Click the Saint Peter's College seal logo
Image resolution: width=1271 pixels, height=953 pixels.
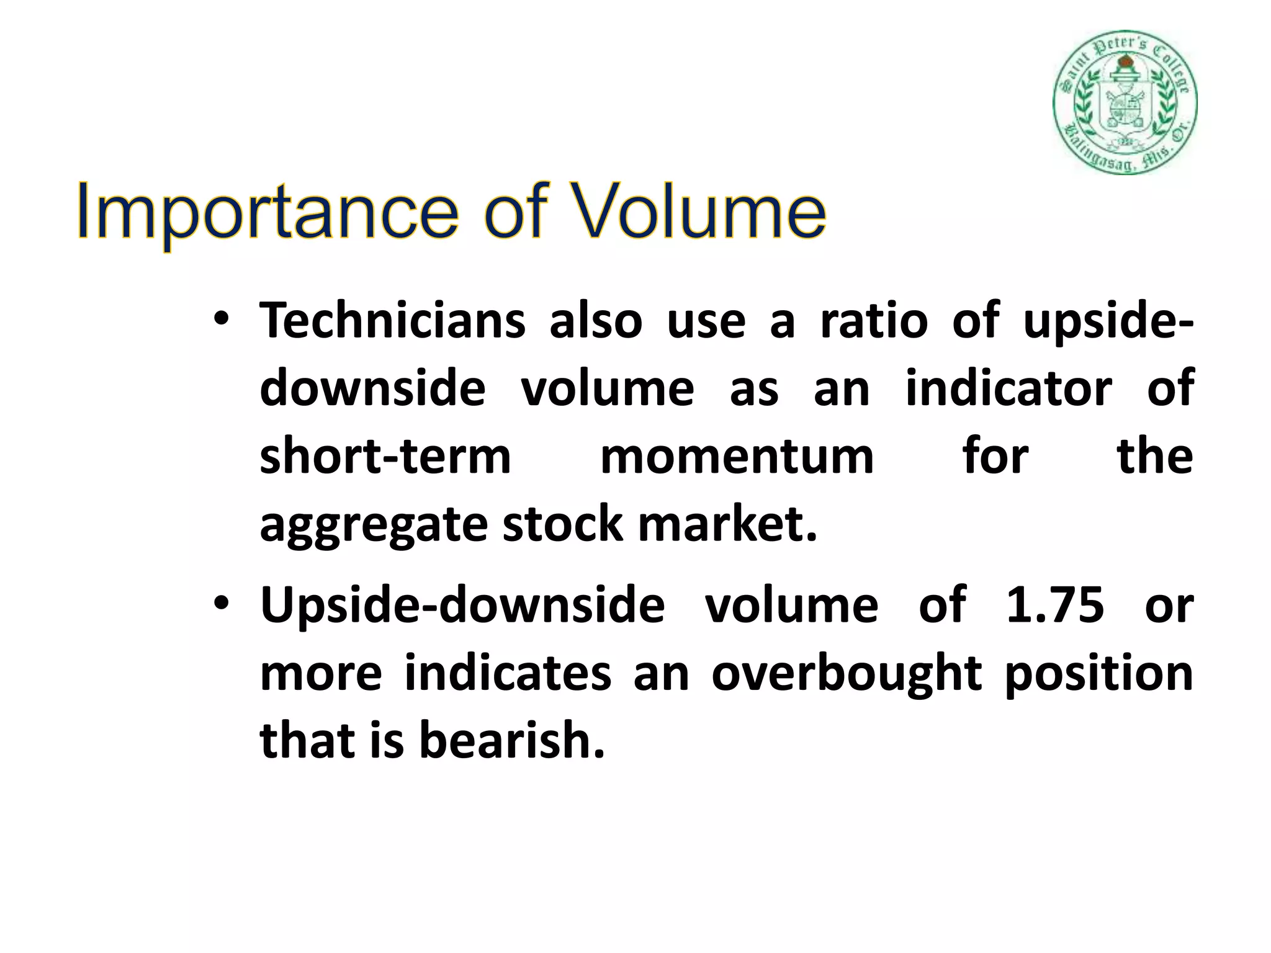click(1125, 102)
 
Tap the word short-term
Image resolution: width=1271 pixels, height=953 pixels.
click(385, 457)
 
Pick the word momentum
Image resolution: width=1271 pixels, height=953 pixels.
click(737, 457)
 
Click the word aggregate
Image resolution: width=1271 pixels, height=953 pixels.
click(373, 525)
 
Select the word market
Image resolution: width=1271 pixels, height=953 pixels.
click(727, 525)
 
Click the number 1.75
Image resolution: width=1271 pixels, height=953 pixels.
click(1054, 604)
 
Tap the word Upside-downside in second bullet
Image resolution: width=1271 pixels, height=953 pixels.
click(462, 604)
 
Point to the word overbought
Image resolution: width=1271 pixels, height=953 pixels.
click(846, 673)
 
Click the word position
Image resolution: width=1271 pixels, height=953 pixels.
click(1098, 673)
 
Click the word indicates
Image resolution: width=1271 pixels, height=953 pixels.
click(508, 673)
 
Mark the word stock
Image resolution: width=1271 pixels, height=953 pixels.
click(562, 525)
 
